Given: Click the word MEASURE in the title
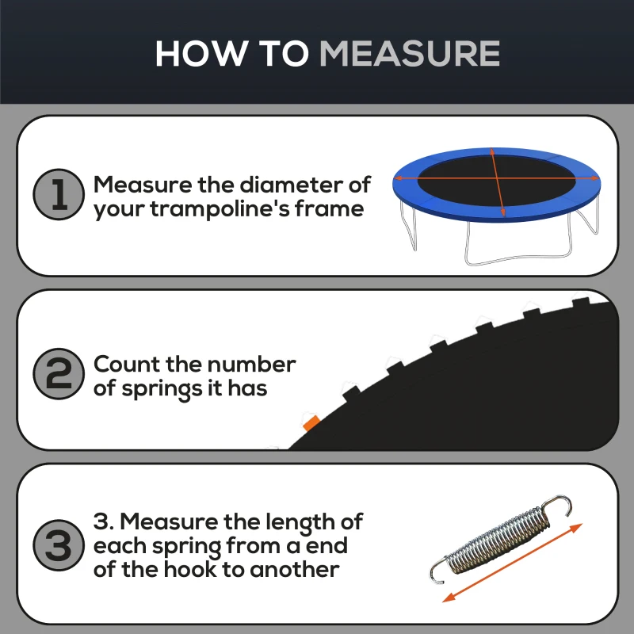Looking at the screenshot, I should click(x=409, y=53).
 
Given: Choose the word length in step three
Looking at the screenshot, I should click(x=296, y=521).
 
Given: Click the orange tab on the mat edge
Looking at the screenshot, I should click(x=311, y=422).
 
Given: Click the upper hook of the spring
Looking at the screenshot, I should click(x=560, y=504).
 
